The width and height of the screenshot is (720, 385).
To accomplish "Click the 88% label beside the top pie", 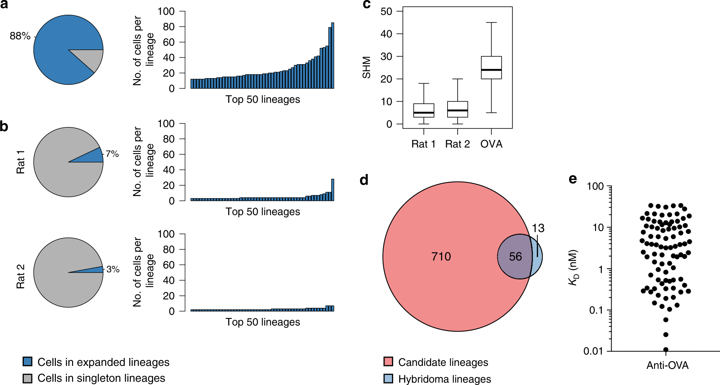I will tap(20, 36).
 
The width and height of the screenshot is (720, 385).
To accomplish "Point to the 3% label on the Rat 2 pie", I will tap(113, 269).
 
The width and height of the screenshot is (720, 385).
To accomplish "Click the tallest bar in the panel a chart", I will tap(333, 56).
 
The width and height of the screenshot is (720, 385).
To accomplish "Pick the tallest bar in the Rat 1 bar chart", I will tap(333, 190).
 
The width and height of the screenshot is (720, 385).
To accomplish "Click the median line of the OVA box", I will tap(491, 70).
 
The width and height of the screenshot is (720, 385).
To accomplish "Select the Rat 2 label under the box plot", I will tap(457, 144).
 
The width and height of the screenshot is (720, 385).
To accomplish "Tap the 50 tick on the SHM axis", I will tap(386, 12).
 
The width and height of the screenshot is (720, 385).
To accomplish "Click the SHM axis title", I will tap(366, 67).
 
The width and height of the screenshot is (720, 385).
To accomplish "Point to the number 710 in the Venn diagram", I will tap(441, 257).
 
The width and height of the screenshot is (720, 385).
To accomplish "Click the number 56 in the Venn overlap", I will tap(515, 257).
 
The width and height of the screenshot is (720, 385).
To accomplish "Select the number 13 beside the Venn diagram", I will tap(538, 228).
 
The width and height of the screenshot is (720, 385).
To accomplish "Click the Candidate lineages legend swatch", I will tap(388, 362).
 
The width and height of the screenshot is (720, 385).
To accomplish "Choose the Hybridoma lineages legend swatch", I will tap(388, 379).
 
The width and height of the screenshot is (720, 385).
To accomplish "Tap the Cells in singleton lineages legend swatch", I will tap(27, 378).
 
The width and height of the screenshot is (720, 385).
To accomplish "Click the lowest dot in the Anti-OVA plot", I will tap(666, 350).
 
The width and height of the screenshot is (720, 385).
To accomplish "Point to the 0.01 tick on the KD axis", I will tap(593, 351).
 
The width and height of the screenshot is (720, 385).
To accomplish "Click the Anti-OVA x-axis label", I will tap(667, 366).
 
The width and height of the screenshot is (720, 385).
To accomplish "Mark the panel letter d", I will tap(364, 180).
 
